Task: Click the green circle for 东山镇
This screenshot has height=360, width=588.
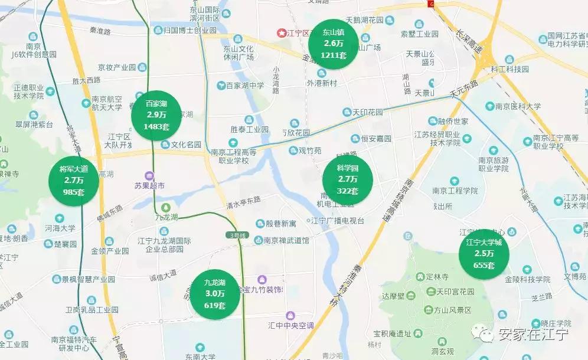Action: pos(334,44)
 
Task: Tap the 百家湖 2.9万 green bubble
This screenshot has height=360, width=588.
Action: pos(156,115)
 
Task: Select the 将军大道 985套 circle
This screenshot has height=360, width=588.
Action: pos(74,181)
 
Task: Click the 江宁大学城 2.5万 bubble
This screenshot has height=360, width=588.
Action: pos(484,253)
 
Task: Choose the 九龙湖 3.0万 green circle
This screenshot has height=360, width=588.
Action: pos(215,294)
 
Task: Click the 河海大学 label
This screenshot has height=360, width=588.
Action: pos(59,228)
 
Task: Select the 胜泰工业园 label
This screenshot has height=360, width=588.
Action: pos(249,129)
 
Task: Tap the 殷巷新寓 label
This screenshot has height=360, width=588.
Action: pos(280,224)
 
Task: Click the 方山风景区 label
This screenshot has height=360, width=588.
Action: pos(451,310)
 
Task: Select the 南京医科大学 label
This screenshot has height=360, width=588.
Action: pos(518,107)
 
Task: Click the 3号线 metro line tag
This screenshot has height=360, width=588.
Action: pos(239,235)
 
